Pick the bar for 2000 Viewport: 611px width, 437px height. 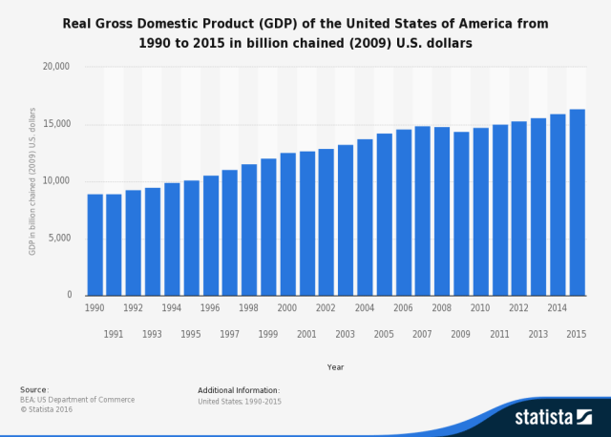[287, 223]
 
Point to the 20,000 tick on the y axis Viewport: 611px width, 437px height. [57, 67]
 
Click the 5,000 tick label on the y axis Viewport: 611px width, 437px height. [60, 239]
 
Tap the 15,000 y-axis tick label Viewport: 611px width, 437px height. [57, 124]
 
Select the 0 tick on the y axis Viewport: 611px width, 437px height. [68, 296]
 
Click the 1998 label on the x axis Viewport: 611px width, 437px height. [248, 308]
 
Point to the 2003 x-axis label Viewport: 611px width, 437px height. [346, 334]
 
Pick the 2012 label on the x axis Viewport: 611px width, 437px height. [518, 308]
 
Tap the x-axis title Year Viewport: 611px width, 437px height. [335, 366]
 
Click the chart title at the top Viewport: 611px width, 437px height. [305, 31]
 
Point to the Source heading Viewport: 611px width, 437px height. [34, 389]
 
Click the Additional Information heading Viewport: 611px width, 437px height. [239, 390]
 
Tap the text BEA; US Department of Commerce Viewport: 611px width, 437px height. [77, 400]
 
